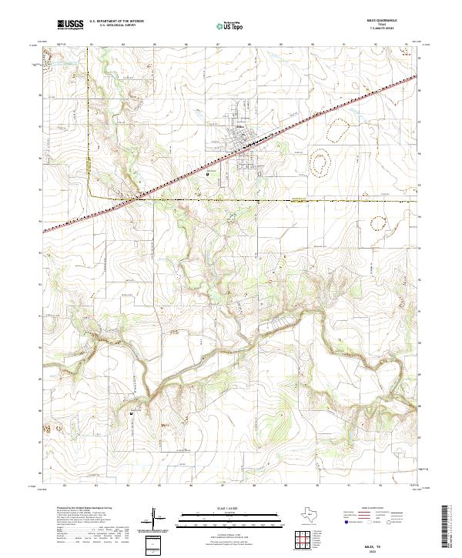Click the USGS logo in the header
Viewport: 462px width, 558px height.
tap(70, 25)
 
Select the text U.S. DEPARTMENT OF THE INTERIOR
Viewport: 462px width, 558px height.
tap(117, 22)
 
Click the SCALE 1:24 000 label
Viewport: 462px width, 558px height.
tap(231, 507)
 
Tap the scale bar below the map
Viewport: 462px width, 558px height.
tap(231, 515)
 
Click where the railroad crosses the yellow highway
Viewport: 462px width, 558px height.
tap(139, 199)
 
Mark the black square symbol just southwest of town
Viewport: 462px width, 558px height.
tap(208, 175)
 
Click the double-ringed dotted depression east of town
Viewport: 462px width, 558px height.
tap(318, 162)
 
